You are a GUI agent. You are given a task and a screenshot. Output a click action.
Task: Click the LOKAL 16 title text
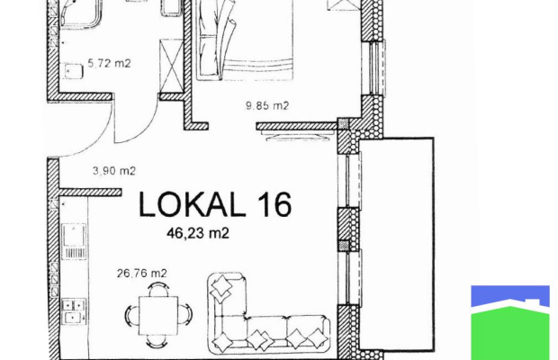click(215, 204)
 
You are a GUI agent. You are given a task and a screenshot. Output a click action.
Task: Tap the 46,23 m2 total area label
click(198, 233)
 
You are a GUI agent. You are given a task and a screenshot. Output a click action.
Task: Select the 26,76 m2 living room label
click(142, 274)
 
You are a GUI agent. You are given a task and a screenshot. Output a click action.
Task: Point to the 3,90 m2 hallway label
click(114, 171)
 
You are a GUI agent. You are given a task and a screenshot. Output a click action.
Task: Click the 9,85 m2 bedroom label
click(267, 105)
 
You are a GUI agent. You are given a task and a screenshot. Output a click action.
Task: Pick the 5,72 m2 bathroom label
click(109, 63)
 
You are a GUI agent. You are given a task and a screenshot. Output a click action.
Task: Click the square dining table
click(158, 316)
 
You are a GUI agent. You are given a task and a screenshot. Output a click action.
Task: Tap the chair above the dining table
click(158, 289)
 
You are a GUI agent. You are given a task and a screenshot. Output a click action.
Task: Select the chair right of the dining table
click(185, 315)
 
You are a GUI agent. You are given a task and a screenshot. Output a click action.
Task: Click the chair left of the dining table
click(131, 315)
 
